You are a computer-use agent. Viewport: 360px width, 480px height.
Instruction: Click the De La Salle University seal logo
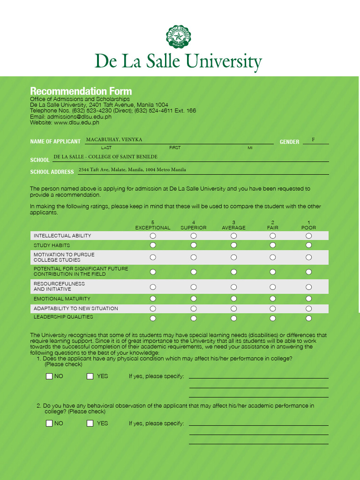tap(179, 37)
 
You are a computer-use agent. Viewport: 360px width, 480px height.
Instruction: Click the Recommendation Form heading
tap(81, 91)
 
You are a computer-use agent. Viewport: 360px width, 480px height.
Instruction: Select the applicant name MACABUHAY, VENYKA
tap(114, 140)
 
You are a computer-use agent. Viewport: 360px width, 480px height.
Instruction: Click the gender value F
tap(313, 140)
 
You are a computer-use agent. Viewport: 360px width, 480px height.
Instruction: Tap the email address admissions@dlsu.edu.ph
tap(79, 117)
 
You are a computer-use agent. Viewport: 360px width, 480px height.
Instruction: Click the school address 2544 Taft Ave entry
tap(132, 170)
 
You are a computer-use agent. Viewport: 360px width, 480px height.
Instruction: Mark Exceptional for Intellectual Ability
tap(153, 236)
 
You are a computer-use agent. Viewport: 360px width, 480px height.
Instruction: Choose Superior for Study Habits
tap(194, 245)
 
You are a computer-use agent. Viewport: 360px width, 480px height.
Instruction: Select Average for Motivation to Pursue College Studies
tap(233, 257)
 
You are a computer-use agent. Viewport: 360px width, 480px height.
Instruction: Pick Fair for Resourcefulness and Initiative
tap(273, 286)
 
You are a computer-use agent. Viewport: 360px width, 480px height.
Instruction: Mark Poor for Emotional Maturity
tap(308, 299)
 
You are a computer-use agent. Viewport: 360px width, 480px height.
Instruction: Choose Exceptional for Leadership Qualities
tap(153, 318)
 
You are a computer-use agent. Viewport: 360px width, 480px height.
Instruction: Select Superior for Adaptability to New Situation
tap(194, 308)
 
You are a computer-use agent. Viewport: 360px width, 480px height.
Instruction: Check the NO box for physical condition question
tap(49, 376)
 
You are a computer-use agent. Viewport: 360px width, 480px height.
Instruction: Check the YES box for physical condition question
tap(90, 376)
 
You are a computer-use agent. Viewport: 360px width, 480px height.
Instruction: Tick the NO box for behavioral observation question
tap(49, 423)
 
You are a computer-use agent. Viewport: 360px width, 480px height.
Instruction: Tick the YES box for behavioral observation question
tap(90, 423)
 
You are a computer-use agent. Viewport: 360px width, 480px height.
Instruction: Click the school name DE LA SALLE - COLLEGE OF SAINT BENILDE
tap(105, 157)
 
